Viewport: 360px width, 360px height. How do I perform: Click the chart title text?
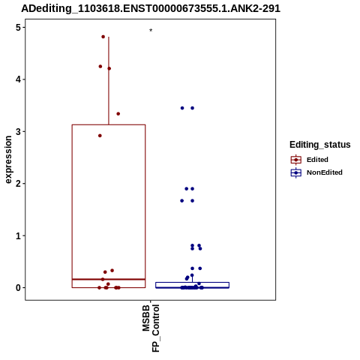(151, 8)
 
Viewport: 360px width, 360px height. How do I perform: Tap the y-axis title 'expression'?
(8, 160)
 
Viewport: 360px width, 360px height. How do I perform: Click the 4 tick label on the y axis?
(18, 79)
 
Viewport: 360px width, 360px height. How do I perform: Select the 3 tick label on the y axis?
(18, 131)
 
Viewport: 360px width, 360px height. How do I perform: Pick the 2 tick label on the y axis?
(18, 184)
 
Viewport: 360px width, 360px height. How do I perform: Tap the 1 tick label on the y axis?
(18, 235)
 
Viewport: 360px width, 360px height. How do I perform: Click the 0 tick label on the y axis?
(18, 288)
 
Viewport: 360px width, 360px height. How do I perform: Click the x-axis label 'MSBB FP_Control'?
(151, 328)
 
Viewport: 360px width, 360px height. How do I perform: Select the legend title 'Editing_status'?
(319, 145)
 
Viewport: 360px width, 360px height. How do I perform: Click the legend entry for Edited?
(309, 160)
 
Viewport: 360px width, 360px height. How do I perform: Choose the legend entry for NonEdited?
(316, 172)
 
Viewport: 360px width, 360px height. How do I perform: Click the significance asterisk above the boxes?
(151, 31)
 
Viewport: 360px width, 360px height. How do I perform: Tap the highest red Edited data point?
(103, 37)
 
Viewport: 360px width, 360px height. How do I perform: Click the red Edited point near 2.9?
(100, 136)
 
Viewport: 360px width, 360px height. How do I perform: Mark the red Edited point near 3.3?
(118, 114)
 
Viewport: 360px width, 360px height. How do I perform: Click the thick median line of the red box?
(109, 279)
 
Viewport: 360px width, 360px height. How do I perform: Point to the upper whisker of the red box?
(109, 81)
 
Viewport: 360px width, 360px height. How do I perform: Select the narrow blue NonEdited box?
(192, 285)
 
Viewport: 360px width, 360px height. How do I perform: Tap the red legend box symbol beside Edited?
(296, 160)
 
